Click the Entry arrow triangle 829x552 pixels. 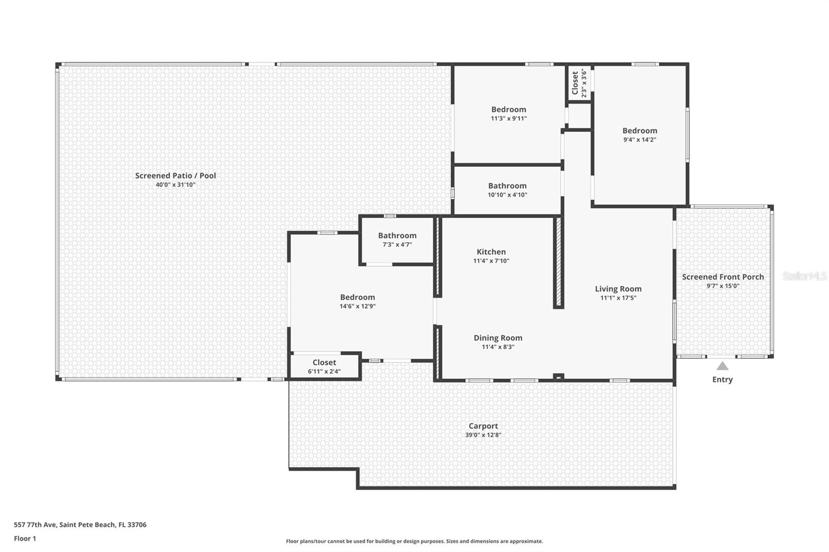(x=722, y=366)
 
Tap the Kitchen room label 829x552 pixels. (x=491, y=252)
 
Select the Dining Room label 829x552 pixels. (x=498, y=338)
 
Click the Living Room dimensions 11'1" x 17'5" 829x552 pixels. (x=618, y=298)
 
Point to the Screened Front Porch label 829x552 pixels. (x=723, y=277)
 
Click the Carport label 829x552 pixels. (x=483, y=426)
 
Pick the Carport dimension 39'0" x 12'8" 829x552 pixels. (x=483, y=435)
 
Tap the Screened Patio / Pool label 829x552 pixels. (x=176, y=176)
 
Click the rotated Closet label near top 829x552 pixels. (x=575, y=83)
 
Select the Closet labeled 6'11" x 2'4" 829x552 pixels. (x=324, y=362)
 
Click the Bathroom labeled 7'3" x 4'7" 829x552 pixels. (x=397, y=236)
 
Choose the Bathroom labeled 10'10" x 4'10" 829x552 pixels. (x=507, y=186)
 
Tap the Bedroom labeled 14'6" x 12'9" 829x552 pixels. (x=358, y=297)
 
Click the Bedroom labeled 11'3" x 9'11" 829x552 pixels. (x=509, y=109)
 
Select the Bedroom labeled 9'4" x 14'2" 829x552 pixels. (x=640, y=131)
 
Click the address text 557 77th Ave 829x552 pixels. (x=80, y=525)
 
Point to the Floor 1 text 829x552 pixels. (x=25, y=539)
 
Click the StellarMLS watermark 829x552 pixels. (x=804, y=276)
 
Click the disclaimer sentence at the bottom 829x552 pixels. (x=414, y=541)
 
